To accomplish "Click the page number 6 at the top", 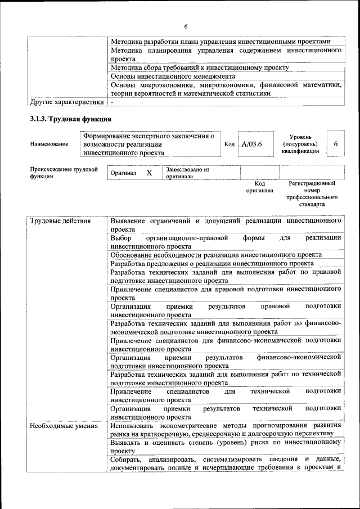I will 186,26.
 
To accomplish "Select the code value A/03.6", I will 251,144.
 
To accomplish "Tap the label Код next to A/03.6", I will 229,144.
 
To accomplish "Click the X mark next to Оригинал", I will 149,173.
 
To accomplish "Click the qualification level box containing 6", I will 335,144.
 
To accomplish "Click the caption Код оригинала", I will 259,187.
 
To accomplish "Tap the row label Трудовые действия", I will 60,220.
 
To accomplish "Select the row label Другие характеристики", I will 67,102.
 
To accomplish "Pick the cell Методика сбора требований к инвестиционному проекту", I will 200,67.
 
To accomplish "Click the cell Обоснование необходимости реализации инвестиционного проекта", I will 216,255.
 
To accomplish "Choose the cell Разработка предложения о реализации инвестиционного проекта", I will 212,263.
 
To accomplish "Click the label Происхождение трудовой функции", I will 63,173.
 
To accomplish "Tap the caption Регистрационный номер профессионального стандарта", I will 312,193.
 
